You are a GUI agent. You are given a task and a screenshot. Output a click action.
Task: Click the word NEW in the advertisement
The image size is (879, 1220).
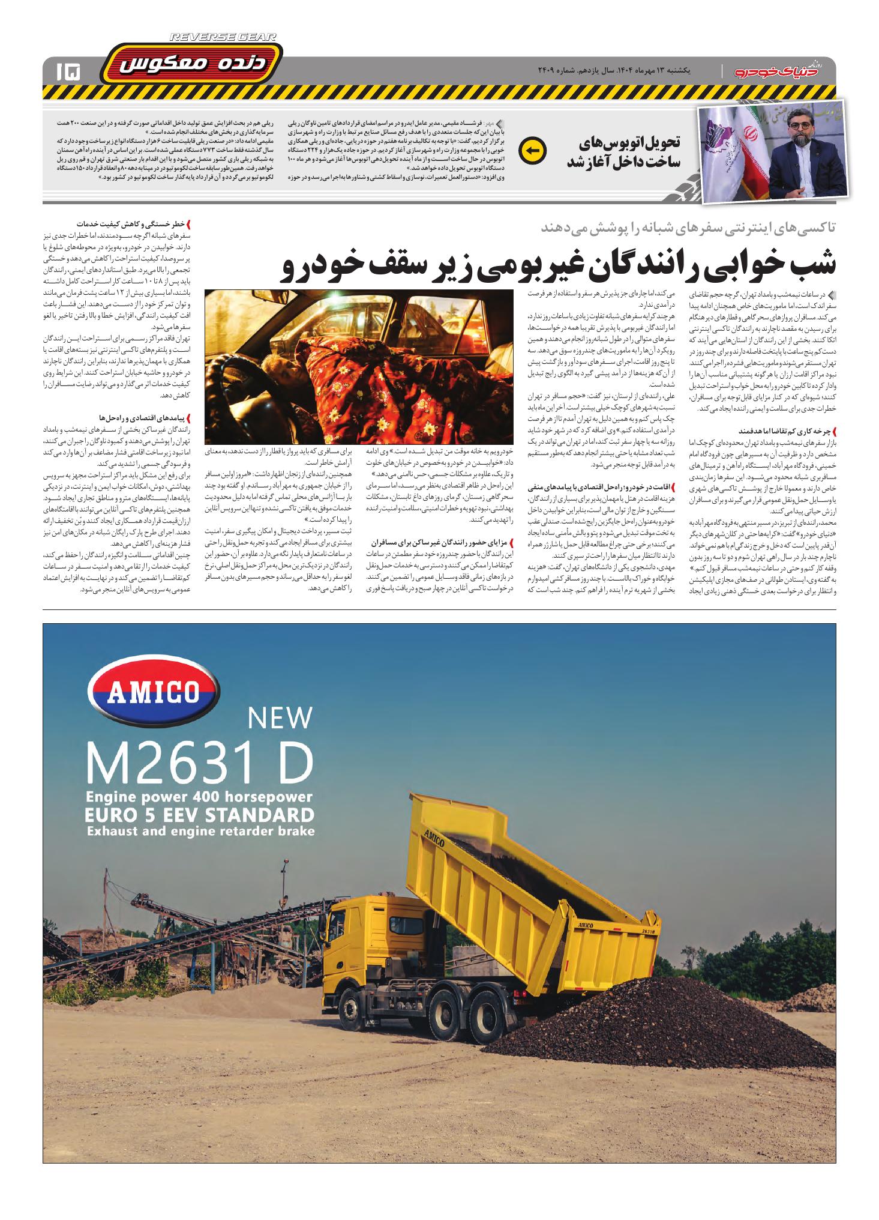click(x=280, y=717)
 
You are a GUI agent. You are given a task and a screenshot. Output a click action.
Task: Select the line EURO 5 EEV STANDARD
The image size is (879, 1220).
click(x=200, y=815)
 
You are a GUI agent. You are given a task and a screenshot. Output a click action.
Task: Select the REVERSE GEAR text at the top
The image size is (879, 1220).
click(x=223, y=38)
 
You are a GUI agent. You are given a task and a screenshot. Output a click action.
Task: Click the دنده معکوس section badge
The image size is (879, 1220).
click(x=191, y=65)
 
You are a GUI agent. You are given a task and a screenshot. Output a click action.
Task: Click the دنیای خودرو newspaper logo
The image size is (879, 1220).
click(x=781, y=71)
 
